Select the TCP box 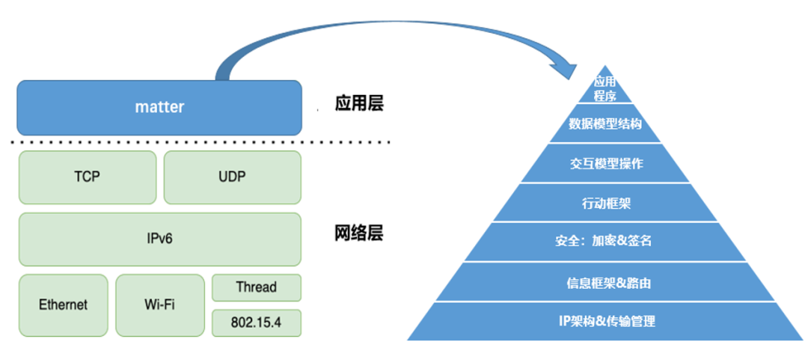click(x=88, y=177)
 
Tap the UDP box click(x=232, y=177)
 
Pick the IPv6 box click(x=159, y=239)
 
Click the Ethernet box click(x=63, y=305)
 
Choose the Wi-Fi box click(x=159, y=305)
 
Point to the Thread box click(x=256, y=287)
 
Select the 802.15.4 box click(x=256, y=323)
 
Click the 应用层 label click(x=358, y=103)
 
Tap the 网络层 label click(x=358, y=233)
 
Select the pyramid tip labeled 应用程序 click(x=605, y=89)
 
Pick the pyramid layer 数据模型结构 click(x=605, y=124)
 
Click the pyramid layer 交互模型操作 click(x=605, y=164)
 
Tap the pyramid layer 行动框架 click(x=605, y=203)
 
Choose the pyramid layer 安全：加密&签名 click(x=605, y=242)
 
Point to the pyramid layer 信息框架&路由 click(x=605, y=282)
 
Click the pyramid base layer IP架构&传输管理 click(x=605, y=322)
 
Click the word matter click(x=159, y=107)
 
